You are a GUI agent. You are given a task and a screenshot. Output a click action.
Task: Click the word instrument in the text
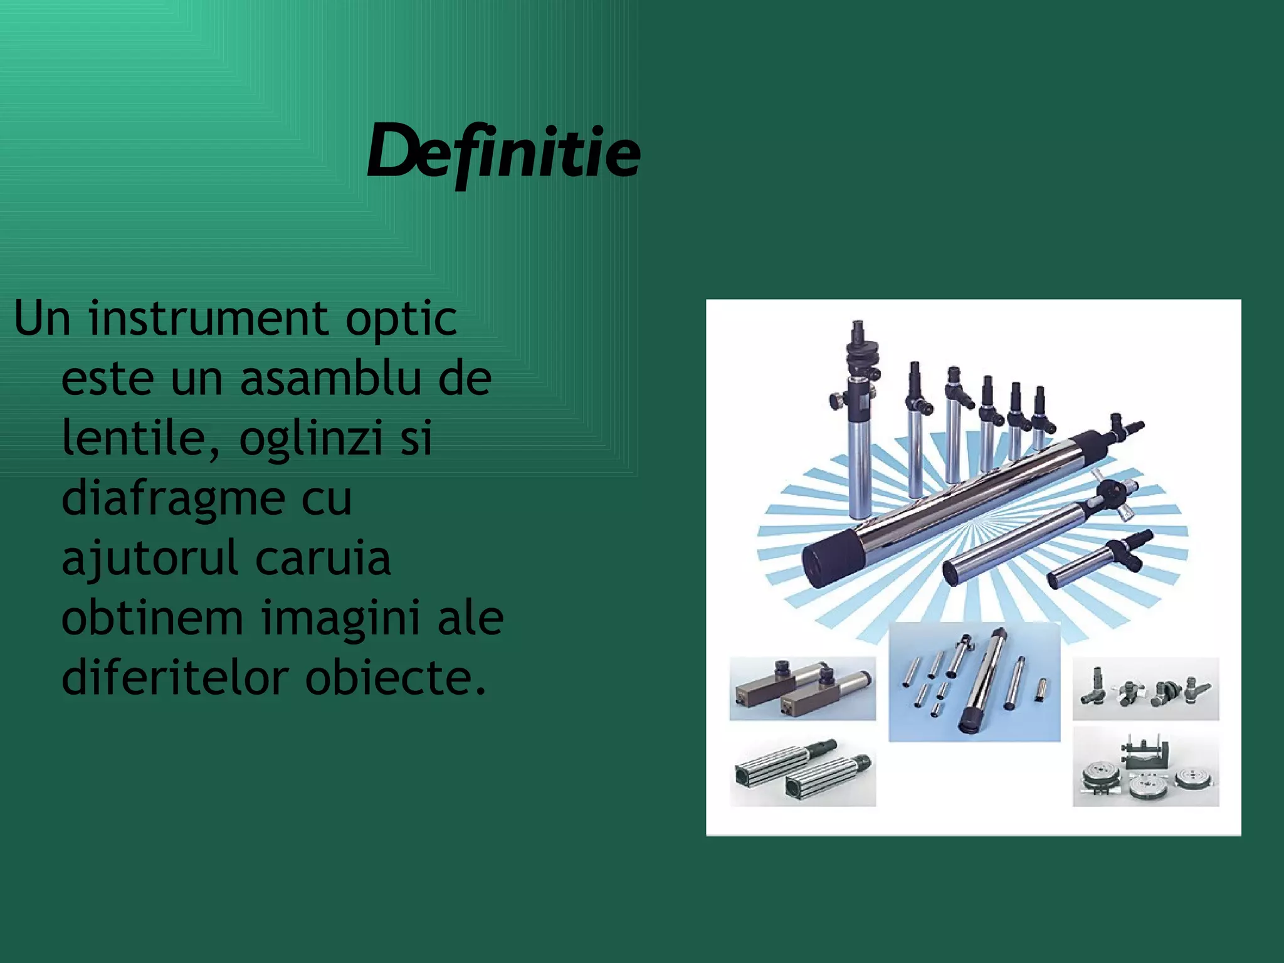(208, 318)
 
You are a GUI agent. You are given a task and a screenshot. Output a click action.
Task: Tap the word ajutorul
(149, 558)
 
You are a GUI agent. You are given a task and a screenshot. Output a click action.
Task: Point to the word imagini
(340, 619)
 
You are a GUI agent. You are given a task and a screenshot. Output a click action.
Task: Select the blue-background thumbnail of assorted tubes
(974, 681)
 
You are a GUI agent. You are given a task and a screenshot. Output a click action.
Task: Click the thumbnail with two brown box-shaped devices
(802, 688)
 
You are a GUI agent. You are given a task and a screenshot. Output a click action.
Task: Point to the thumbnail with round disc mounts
(1145, 767)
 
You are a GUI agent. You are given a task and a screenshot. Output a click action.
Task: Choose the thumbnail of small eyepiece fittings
(1145, 688)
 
